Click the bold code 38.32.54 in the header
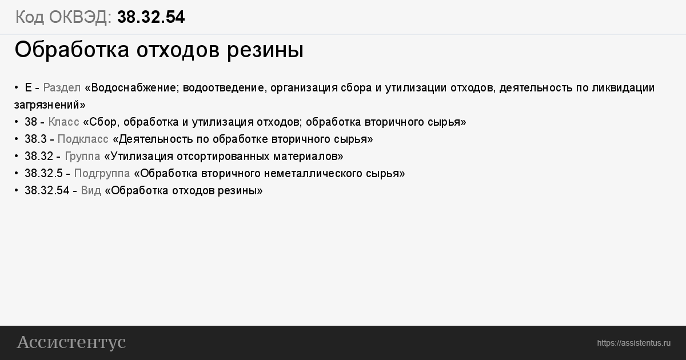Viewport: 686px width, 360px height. (x=151, y=17)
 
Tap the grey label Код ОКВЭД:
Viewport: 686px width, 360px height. (x=63, y=17)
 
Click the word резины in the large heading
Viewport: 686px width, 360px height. (x=265, y=50)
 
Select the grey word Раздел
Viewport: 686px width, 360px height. (x=62, y=88)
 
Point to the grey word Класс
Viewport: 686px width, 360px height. (x=63, y=122)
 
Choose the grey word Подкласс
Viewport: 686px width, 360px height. (x=83, y=139)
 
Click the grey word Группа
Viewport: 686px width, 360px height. (x=82, y=157)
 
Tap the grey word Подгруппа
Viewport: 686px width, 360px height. (x=102, y=174)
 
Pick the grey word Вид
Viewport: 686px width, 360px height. (x=91, y=191)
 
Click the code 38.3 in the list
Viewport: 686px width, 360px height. (x=35, y=139)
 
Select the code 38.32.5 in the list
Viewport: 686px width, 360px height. (x=43, y=174)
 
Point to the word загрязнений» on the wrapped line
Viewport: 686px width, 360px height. (x=50, y=105)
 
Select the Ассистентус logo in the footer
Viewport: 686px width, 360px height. (x=71, y=342)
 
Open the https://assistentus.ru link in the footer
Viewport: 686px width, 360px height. (x=633, y=343)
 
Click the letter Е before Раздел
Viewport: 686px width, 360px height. (x=28, y=88)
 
